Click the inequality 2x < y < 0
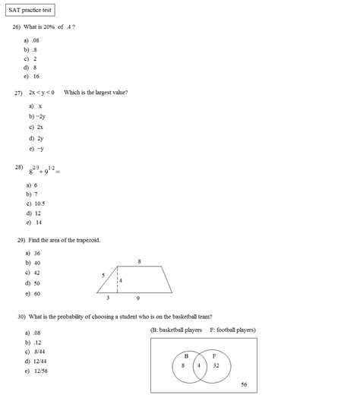(41, 92)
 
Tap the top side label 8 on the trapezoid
(139, 261)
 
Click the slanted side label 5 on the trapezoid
(103, 275)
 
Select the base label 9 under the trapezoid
(137, 298)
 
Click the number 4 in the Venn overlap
(199, 365)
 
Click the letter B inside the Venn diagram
(186, 355)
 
